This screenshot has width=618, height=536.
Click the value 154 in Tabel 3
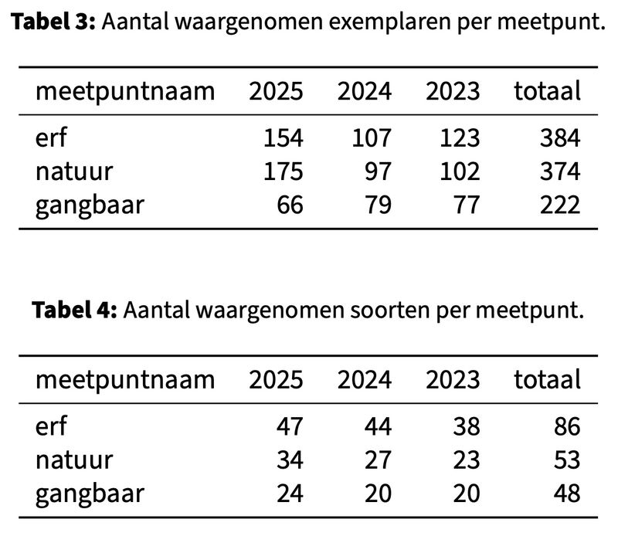coord(284,138)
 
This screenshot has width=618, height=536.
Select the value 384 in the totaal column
coord(560,138)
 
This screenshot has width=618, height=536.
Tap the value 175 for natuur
coord(284,171)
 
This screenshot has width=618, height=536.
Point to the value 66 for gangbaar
coord(291,205)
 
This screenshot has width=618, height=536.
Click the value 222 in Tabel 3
coord(560,205)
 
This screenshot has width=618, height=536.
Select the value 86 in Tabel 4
coord(567,426)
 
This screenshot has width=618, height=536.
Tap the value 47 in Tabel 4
coord(291,426)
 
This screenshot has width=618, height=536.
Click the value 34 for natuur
coord(291,460)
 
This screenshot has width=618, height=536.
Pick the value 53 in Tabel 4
coord(567,460)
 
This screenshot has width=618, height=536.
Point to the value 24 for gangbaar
coord(291,494)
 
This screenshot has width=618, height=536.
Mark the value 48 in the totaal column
coord(567,494)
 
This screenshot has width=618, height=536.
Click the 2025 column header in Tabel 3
coord(276,92)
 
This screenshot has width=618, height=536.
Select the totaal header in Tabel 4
coord(547,380)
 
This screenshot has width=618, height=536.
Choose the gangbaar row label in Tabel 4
coord(89,494)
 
